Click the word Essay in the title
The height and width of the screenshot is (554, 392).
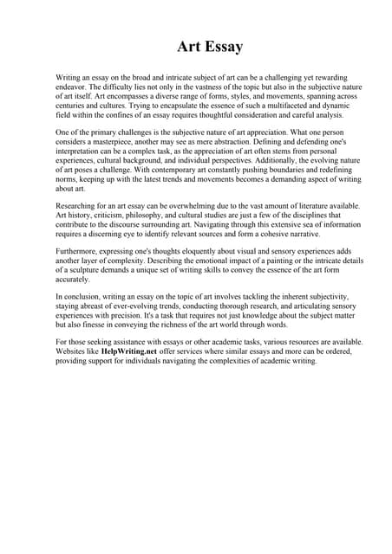[x=222, y=46]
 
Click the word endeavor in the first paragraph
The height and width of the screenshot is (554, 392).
[x=73, y=87]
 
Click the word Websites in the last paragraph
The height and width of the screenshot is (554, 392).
[x=72, y=354]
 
